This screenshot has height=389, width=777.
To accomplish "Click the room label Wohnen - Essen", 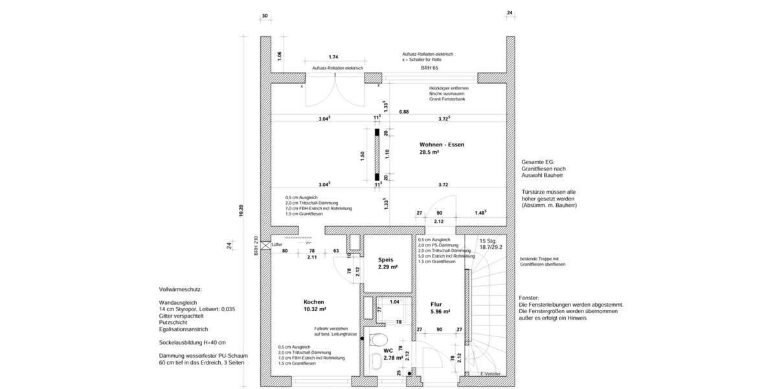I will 442,145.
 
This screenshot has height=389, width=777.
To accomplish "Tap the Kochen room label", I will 313,301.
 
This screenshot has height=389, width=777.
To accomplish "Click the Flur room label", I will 436,303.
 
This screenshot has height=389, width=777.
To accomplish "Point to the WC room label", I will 388,349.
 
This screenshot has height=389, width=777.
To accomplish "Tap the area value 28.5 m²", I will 429,153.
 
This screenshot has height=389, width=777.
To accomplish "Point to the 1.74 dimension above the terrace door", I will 334,57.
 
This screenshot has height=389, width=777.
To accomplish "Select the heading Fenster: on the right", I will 529,297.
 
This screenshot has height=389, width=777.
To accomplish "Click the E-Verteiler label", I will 491,374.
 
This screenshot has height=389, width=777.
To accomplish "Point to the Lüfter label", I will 277,244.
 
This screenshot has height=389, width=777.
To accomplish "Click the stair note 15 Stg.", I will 490,241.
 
